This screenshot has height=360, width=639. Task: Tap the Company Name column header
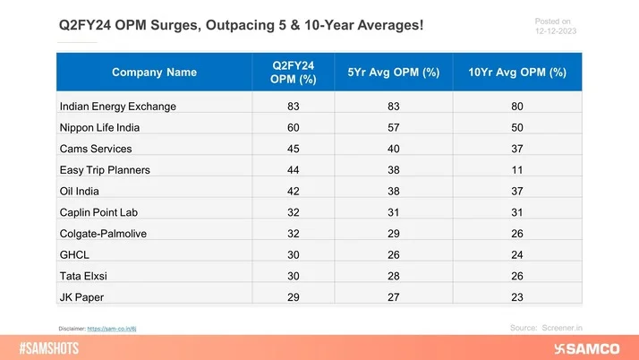[x=154, y=72]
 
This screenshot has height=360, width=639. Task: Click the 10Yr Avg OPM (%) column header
[x=517, y=72]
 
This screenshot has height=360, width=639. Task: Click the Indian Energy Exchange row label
[x=117, y=106]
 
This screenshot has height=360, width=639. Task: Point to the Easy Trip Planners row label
[x=105, y=170]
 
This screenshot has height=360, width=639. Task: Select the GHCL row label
[x=74, y=253]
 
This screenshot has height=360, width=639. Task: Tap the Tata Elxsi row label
[x=83, y=274]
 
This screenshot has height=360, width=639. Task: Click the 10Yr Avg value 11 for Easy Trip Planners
[x=517, y=170]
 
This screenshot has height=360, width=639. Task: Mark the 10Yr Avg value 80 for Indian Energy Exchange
[x=517, y=106]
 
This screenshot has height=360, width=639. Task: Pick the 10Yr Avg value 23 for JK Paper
[x=517, y=296]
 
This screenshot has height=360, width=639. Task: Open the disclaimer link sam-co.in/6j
[x=115, y=330]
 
